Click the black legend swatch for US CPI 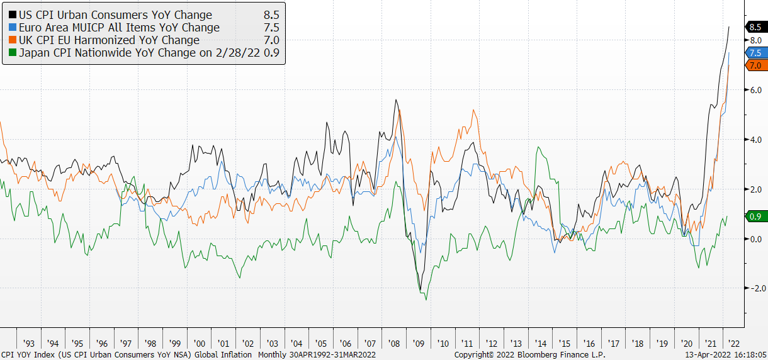point(13,15)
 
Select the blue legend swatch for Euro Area point(13,28)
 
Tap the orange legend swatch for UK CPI point(13,40)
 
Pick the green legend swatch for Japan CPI point(13,53)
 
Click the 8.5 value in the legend point(271,15)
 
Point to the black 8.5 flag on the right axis point(755,26)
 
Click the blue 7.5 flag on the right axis point(755,53)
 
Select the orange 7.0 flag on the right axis point(755,65)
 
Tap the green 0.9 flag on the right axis point(755,217)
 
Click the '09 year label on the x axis point(419,344)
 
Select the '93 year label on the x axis point(28,344)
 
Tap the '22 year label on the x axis point(735,344)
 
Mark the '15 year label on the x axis point(565,344)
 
